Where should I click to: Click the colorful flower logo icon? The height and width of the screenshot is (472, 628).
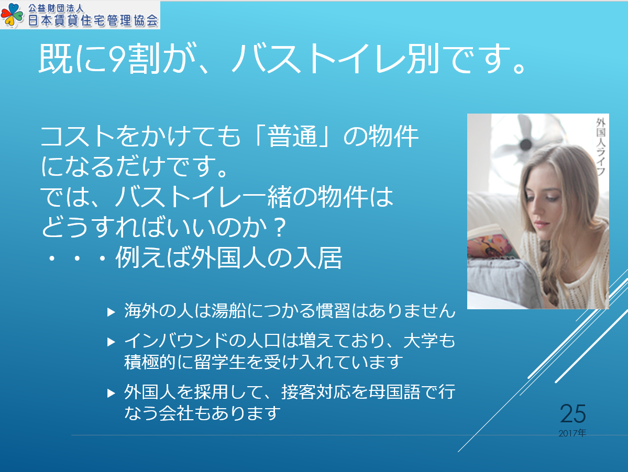coord(12,15)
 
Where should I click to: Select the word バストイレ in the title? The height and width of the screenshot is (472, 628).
coord(319,59)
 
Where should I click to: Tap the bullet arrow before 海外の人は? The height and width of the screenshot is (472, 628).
coord(112,312)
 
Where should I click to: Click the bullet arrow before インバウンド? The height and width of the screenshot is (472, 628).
coord(112,342)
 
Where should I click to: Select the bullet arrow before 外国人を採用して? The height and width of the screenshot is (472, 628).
coord(112,393)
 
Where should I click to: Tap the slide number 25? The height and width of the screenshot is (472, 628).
coord(572,413)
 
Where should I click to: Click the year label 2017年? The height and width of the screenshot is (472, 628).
coord(572,433)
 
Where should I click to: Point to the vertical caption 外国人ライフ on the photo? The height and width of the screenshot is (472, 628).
coord(600,147)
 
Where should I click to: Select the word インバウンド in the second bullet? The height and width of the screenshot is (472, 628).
coord(176,341)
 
